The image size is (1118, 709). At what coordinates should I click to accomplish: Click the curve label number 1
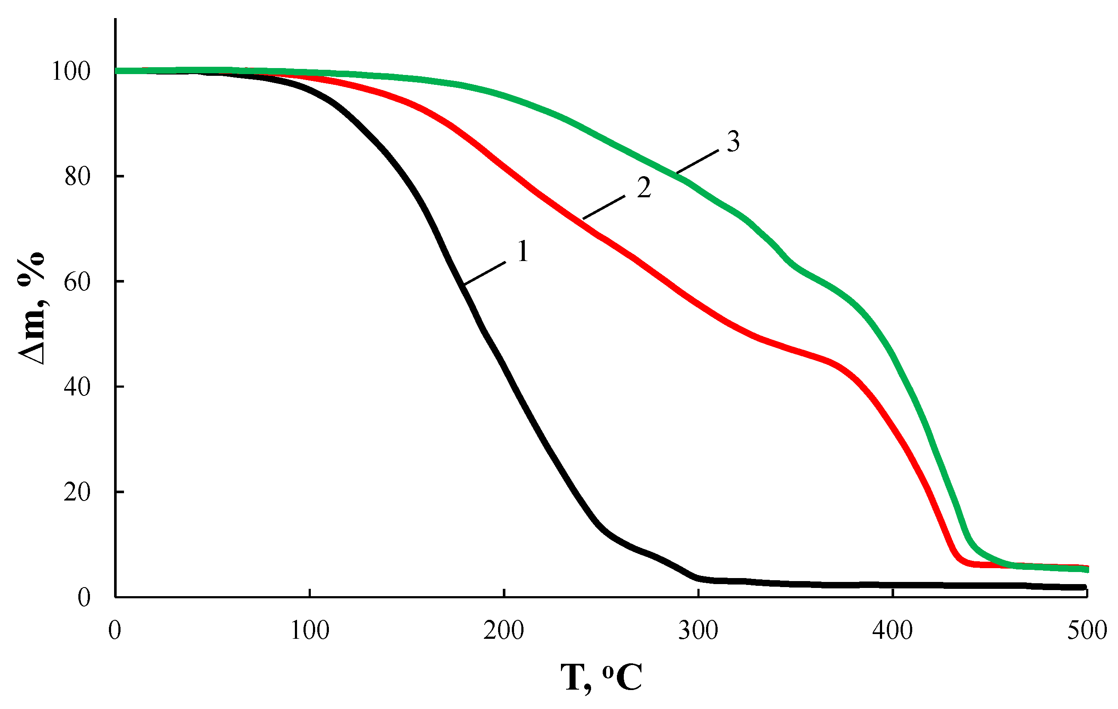[x=523, y=252]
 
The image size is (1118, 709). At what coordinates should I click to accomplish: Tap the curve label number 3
[x=733, y=142]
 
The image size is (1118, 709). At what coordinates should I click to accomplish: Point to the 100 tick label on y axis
[x=71, y=72]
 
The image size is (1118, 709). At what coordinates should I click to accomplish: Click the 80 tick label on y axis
[x=77, y=177]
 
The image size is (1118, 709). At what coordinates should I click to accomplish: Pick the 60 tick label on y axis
[x=77, y=282]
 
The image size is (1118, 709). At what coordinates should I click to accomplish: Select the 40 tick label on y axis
[x=77, y=387]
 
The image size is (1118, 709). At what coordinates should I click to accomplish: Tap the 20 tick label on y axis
[x=77, y=492]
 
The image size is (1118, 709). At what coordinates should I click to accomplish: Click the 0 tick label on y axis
[x=84, y=597]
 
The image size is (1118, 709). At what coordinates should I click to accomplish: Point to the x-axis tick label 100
[x=310, y=631]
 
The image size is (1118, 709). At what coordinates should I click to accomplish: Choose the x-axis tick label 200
[x=504, y=631]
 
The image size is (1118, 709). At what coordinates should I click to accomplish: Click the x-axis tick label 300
[x=698, y=631]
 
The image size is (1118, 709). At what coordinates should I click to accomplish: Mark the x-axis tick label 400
[x=892, y=631]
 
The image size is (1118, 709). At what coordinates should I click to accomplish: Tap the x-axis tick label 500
[x=1087, y=631]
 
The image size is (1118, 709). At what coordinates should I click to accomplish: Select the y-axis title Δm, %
[x=32, y=309]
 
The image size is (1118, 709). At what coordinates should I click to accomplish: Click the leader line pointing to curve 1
[x=485, y=273]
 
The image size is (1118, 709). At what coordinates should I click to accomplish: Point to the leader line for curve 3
[x=697, y=161]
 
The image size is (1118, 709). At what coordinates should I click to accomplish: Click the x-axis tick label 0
[x=115, y=631]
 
